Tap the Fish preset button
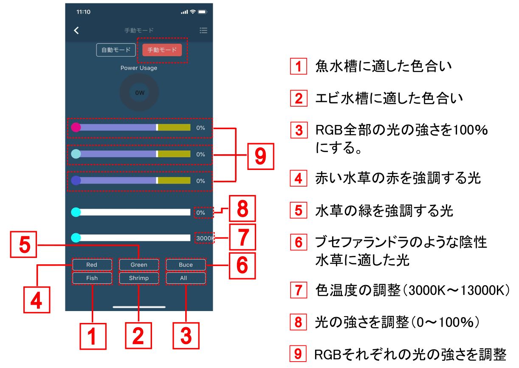(92, 278)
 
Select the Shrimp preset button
(139, 278)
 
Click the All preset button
(186, 278)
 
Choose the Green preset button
(139, 265)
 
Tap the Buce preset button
(186, 265)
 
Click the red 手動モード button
(162, 50)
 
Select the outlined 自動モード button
(116, 50)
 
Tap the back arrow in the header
(76, 30)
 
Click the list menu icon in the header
(203, 30)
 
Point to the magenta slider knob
(76, 127)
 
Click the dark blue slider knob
(76, 181)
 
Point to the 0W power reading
(140, 93)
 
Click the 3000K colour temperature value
(204, 238)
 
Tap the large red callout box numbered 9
(261, 156)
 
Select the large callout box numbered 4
(37, 300)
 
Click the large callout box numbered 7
(243, 237)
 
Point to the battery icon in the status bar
(203, 12)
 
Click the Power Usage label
(139, 68)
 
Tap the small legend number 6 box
(299, 242)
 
